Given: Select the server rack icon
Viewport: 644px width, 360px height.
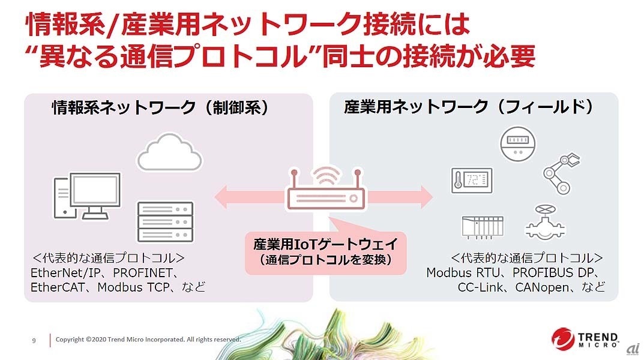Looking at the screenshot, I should click(x=166, y=221).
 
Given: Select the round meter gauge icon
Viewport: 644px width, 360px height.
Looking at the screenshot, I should click(x=517, y=143).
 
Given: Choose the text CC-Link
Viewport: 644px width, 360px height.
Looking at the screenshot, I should click(x=481, y=287).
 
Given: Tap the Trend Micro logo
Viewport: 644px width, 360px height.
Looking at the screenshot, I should click(x=585, y=338).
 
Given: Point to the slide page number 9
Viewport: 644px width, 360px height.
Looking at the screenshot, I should click(x=34, y=340).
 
